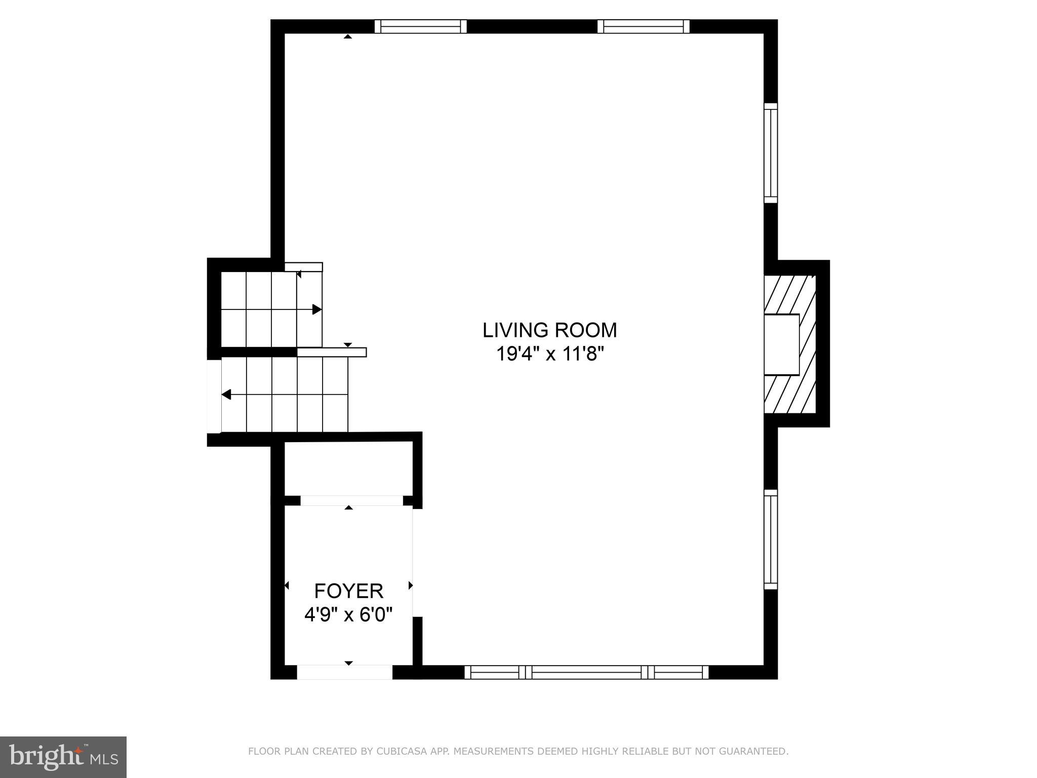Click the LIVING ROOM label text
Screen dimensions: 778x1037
pos(549,330)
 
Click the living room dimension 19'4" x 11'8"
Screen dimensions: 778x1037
pos(549,354)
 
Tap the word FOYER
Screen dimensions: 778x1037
pos(348,591)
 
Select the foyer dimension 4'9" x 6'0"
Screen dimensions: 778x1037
pos(348,615)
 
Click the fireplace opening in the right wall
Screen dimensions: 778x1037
pos(781,344)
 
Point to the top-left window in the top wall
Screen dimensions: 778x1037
pos(420,26)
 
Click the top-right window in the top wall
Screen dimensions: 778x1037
pos(643,26)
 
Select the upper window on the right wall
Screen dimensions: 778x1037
pos(770,153)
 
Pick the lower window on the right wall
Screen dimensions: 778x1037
pos(770,539)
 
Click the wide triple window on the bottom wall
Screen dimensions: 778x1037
pos(586,672)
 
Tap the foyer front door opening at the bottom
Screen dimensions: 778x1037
pos(344,672)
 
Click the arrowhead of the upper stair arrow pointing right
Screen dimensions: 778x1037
pos(317,309)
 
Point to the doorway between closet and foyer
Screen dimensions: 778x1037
pos(351,500)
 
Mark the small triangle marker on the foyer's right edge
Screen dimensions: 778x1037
pos(411,586)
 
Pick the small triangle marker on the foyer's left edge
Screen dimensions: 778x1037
pos(287,586)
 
